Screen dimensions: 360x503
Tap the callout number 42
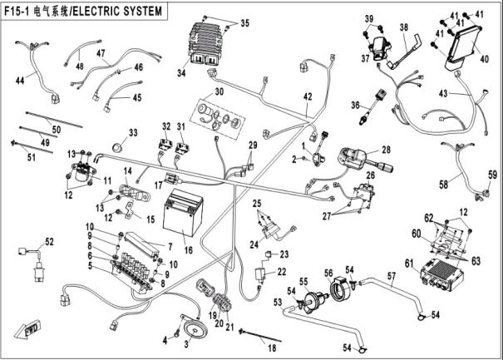click(x=307, y=96)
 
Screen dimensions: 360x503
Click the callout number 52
click(x=49, y=242)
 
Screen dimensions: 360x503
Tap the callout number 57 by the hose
click(x=391, y=276)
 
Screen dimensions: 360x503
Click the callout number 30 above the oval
click(x=219, y=91)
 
